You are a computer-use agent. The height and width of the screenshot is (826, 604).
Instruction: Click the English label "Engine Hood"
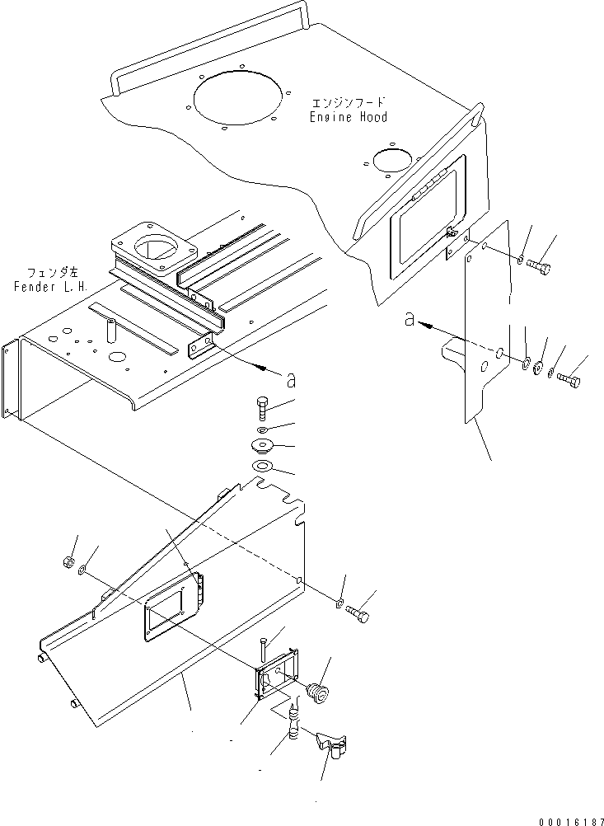click(x=348, y=117)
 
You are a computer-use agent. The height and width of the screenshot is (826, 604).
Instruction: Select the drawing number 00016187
click(x=570, y=821)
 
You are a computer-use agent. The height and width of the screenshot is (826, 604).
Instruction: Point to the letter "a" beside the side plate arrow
click(x=410, y=319)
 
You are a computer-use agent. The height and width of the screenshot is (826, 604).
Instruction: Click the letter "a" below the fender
click(x=290, y=380)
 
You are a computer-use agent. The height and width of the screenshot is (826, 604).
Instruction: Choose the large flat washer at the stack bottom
click(x=262, y=467)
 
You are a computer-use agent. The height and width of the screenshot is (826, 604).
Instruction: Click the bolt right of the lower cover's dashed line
click(x=358, y=613)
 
